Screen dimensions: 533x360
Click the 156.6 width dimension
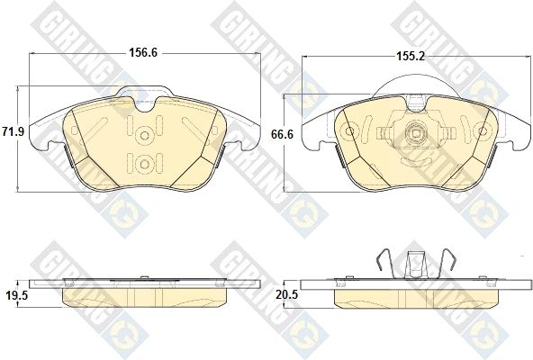point(143,53)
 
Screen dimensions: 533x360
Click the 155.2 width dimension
point(411,56)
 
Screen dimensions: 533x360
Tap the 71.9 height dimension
point(13,131)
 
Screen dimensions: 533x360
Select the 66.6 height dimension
point(282,134)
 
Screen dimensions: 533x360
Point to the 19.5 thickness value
point(17,295)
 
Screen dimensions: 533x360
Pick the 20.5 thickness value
point(287,295)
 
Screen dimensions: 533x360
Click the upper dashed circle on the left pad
point(145,136)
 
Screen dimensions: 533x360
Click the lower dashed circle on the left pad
point(145,165)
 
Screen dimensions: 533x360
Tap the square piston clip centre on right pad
point(416,133)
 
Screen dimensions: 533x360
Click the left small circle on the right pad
point(350,130)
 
